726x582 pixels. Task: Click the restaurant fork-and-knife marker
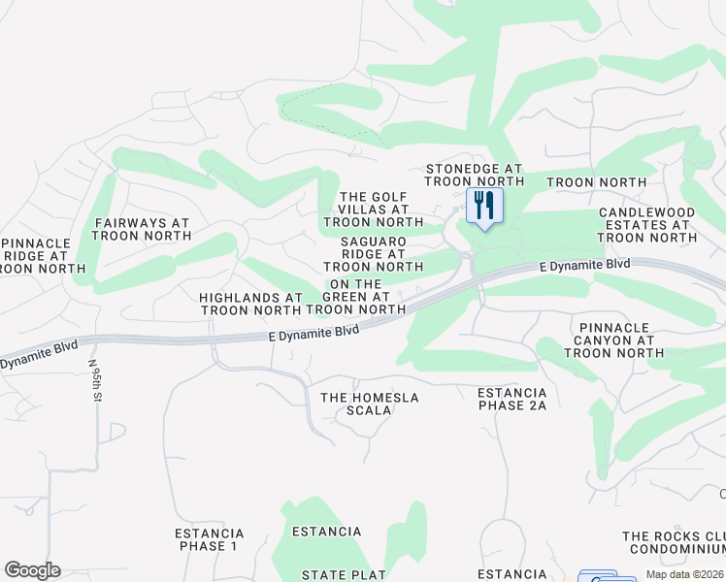point(483,207)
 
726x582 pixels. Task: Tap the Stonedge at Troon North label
point(475,175)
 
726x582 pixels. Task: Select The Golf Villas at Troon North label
point(374,210)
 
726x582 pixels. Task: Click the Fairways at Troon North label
point(142,229)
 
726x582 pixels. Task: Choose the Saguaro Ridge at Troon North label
point(374,253)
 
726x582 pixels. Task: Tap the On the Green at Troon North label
point(356,297)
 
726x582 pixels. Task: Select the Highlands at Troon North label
point(250,304)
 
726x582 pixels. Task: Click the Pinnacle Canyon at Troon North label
point(614,340)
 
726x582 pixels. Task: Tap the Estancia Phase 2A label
point(511,399)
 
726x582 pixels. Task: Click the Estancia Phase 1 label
point(209,539)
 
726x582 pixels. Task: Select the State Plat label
point(345,575)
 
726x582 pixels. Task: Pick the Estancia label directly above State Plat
point(327,532)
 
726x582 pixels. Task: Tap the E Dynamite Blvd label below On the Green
point(313,331)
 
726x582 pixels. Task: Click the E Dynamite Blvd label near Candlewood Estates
point(585,265)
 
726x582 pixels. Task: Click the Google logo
point(32,570)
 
